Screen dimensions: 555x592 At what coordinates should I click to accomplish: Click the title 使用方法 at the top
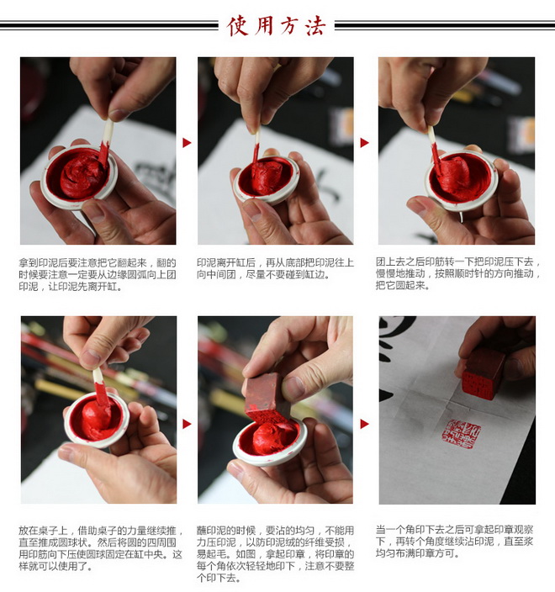pyautogui.click(x=276, y=26)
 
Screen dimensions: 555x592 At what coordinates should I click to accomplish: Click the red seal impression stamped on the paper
pyautogui.click(x=462, y=434)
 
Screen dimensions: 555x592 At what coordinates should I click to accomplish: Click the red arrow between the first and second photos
pyautogui.click(x=187, y=143)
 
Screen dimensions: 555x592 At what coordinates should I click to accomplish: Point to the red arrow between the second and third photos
pyautogui.click(x=364, y=143)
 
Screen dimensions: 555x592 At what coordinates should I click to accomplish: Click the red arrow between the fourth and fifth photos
pyautogui.click(x=187, y=424)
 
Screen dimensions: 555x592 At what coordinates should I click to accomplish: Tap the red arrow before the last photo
pyautogui.click(x=364, y=424)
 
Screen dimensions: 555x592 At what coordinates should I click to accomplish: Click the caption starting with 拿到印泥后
pyautogui.click(x=98, y=274)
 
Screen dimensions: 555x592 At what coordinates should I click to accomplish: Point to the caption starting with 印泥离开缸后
pyautogui.click(x=275, y=268)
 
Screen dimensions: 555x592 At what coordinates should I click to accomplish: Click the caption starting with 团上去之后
pyautogui.click(x=458, y=273)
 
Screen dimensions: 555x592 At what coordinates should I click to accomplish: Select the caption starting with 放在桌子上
pyautogui.click(x=100, y=548)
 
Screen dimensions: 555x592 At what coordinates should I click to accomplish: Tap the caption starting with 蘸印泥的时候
pyautogui.click(x=275, y=554)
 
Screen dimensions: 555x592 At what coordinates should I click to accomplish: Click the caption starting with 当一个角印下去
pyautogui.click(x=455, y=541)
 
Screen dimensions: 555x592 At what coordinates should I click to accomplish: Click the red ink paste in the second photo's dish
pyautogui.click(x=267, y=177)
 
